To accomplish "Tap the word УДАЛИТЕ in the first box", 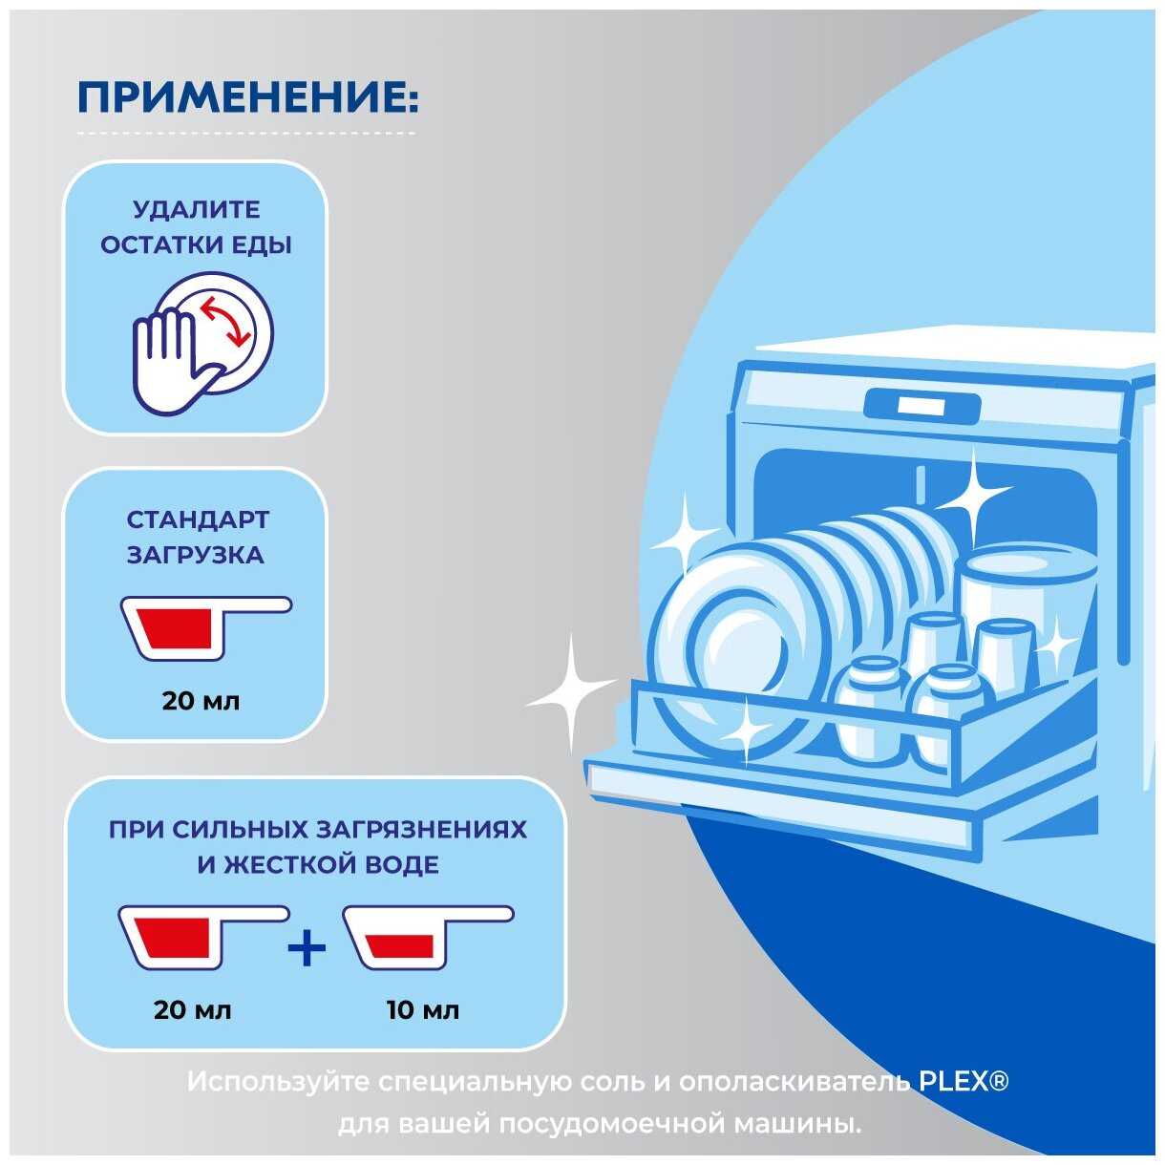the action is point(197,210).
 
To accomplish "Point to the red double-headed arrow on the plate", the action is point(225,322).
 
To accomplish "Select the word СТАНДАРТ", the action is point(198,519).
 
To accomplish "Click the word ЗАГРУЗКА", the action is point(195,555).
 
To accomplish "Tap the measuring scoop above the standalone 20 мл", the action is point(206,627).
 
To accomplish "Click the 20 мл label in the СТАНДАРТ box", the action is point(201,701).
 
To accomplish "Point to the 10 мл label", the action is point(423,1009).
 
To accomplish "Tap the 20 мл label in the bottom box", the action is point(192,1009).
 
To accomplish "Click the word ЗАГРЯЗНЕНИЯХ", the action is point(422,830).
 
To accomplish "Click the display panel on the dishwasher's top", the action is point(922,405).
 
